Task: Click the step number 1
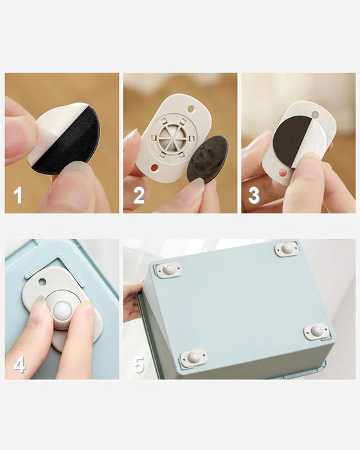(x=18, y=195)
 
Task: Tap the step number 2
(x=139, y=195)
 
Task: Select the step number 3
(x=254, y=195)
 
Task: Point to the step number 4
(x=19, y=365)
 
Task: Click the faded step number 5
(x=139, y=364)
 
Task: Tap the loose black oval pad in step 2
(x=207, y=159)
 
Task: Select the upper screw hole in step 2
(x=191, y=109)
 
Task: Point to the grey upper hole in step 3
(x=315, y=115)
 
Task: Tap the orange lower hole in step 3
(x=283, y=172)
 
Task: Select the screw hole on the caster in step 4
(x=42, y=282)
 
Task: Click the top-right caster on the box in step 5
(x=287, y=249)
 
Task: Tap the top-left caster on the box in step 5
(x=168, y=270)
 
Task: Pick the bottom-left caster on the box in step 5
(x=194, y=357)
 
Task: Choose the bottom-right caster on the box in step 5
(x=316, y=330)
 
